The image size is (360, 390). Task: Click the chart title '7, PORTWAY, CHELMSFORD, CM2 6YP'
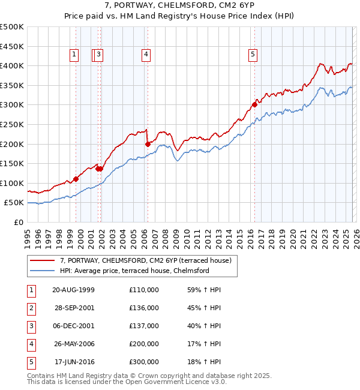coord(179,7)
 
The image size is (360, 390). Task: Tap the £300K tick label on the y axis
coord(12,105)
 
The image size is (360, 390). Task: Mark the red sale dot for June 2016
coord(254,104)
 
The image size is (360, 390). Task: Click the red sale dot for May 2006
coord(148,144)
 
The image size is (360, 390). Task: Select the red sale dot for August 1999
coord(76,179)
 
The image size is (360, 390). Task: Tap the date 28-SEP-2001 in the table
coord(74,308)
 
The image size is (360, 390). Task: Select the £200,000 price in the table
coord(144,344)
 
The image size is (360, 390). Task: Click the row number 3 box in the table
coord(31,326)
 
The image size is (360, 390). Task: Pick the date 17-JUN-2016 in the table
coord(74,362)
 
